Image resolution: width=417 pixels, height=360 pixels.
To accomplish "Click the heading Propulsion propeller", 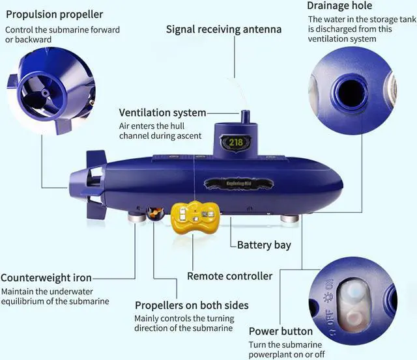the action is (54, 14).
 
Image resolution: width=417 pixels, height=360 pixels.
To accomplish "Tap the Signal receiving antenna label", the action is (223, 29).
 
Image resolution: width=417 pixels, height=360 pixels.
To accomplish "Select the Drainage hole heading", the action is (339, 6).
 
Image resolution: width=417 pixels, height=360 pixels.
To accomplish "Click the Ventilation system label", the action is (162, 113).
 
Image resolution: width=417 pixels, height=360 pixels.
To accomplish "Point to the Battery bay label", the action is (264, 245).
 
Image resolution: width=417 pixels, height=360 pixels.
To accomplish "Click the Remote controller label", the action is (229, 276).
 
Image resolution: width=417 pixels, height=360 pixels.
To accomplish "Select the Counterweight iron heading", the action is (46, 278).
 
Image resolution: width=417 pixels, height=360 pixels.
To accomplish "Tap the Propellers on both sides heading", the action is (192, 305).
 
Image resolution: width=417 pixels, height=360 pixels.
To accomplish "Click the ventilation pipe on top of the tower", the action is (244, 118).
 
